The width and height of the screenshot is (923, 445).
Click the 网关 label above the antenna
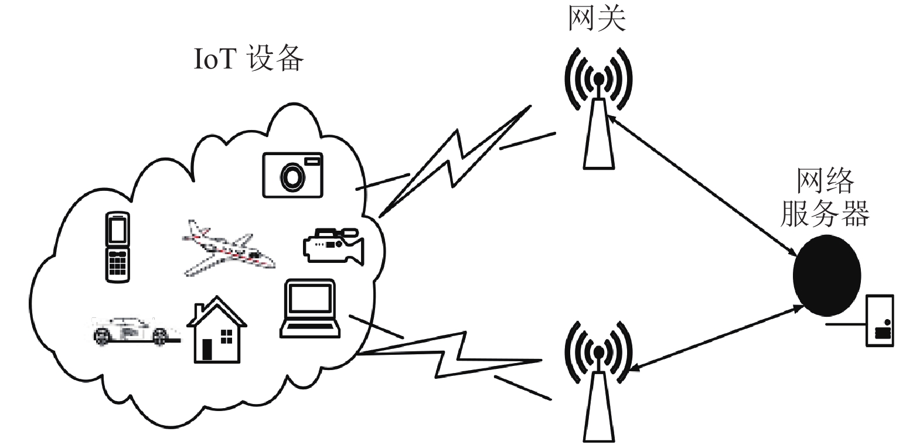[x=597, y=18]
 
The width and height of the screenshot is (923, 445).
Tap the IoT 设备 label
[x=249, y=59]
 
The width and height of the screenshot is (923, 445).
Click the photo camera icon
[x=292, y=175]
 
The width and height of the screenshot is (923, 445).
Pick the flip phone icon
[x=117, y=247]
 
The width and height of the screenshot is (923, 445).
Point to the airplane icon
[x=229, y=248]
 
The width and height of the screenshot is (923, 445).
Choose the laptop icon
[x=310, y=309]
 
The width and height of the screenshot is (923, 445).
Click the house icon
[x=217, y=329]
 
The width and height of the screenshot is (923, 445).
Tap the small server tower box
[x=880, y=321]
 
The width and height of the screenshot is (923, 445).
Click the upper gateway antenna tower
[x=599, y=109]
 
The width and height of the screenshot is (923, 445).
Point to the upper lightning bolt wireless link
[x=455, y=160]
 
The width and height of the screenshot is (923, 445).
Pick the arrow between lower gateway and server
[x=717, y=338]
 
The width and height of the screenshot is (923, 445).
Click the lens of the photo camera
[x=293, y=176]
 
